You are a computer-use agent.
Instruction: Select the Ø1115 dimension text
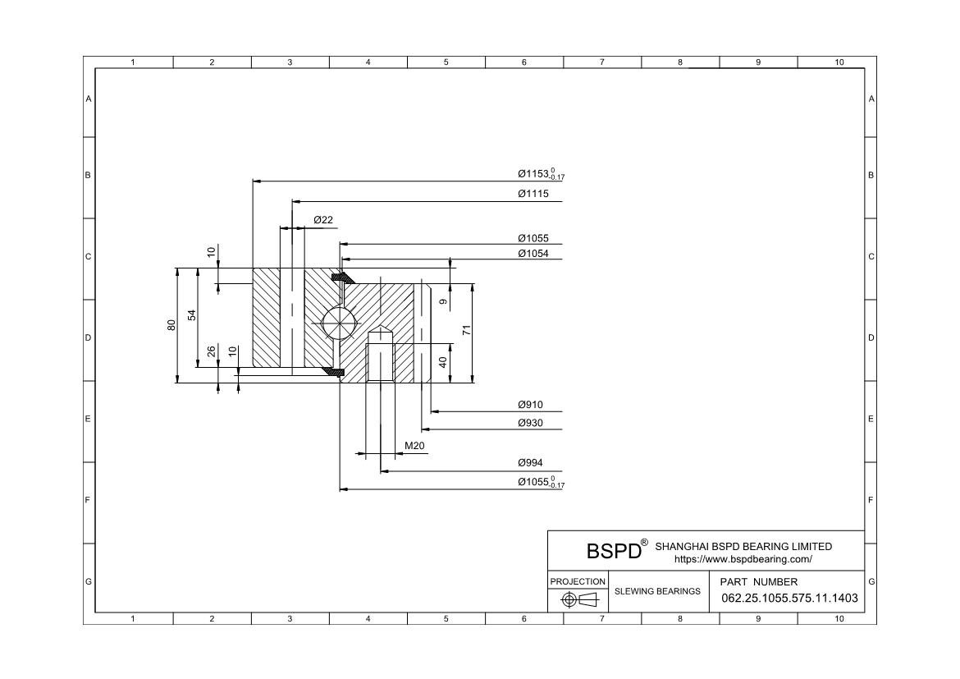pos(533,194)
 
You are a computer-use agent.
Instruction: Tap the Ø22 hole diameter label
pos(323,220)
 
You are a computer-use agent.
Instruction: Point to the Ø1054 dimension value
pos(533,254)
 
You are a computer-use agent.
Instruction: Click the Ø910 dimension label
pos(530,405)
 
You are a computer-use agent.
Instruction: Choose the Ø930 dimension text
pos(530,423)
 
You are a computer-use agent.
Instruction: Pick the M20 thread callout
pos(414,446)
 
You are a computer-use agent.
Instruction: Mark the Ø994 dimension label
pos(530,463)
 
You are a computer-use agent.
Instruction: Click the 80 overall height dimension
pos(171,324)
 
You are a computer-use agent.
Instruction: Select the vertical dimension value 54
pos(192,315)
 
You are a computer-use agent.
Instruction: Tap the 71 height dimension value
pos(466,330)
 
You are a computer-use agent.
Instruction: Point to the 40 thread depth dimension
pos(443,361)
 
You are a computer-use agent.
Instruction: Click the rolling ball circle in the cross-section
pos(339,321)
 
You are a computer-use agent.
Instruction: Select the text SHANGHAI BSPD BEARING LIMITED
pos(743,546)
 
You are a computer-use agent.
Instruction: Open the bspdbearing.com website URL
pos(743,559)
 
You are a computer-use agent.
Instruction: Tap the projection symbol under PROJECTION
pos(578,599)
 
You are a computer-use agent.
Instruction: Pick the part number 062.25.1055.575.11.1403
pos(789,598)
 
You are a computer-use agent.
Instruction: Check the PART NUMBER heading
pos(758,581)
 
